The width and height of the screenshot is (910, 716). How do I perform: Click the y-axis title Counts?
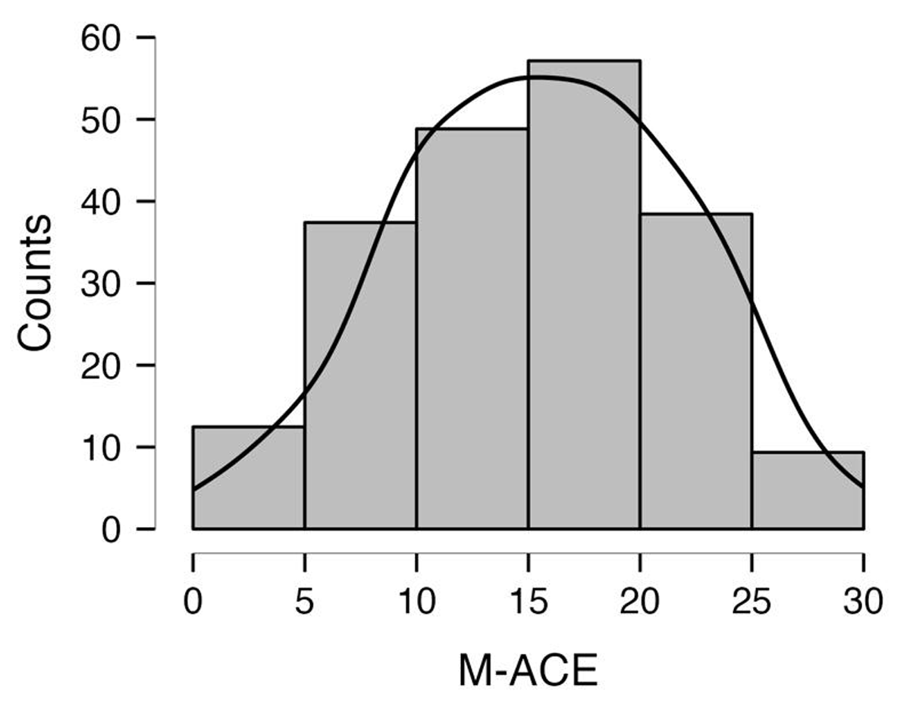pos(36,282)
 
